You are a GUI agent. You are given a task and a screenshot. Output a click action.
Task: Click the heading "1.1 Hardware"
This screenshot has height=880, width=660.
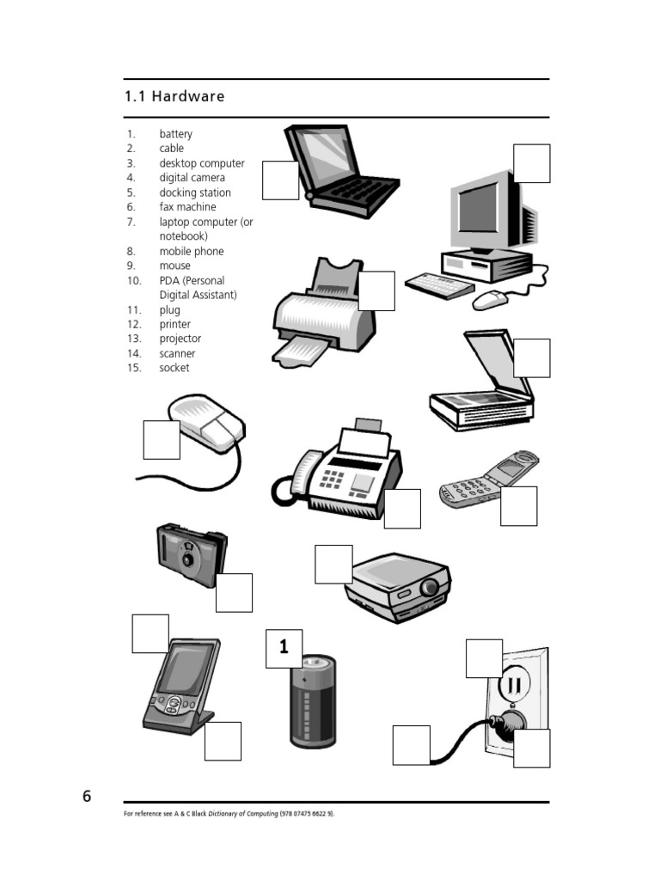pos(174,96)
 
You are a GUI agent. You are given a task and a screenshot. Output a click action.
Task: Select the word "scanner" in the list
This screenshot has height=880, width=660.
pos(177,353)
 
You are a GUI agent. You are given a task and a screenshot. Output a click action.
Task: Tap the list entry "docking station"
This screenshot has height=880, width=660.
pos(195,192)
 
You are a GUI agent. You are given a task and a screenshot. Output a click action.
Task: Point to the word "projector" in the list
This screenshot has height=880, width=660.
pos(180,339)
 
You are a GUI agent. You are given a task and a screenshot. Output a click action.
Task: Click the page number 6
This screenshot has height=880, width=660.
pos(87,796)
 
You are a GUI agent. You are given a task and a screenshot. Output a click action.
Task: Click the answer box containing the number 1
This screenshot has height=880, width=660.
pos(284,649)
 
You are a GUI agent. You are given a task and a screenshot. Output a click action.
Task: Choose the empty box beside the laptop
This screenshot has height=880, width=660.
pos(280,180)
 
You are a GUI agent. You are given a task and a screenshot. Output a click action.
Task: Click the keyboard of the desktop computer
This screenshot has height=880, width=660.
pos(438,286)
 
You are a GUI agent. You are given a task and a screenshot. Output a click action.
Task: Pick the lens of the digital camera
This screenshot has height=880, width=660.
pos(187,558)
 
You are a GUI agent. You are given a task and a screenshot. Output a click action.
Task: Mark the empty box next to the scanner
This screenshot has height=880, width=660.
pos(532,357)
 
